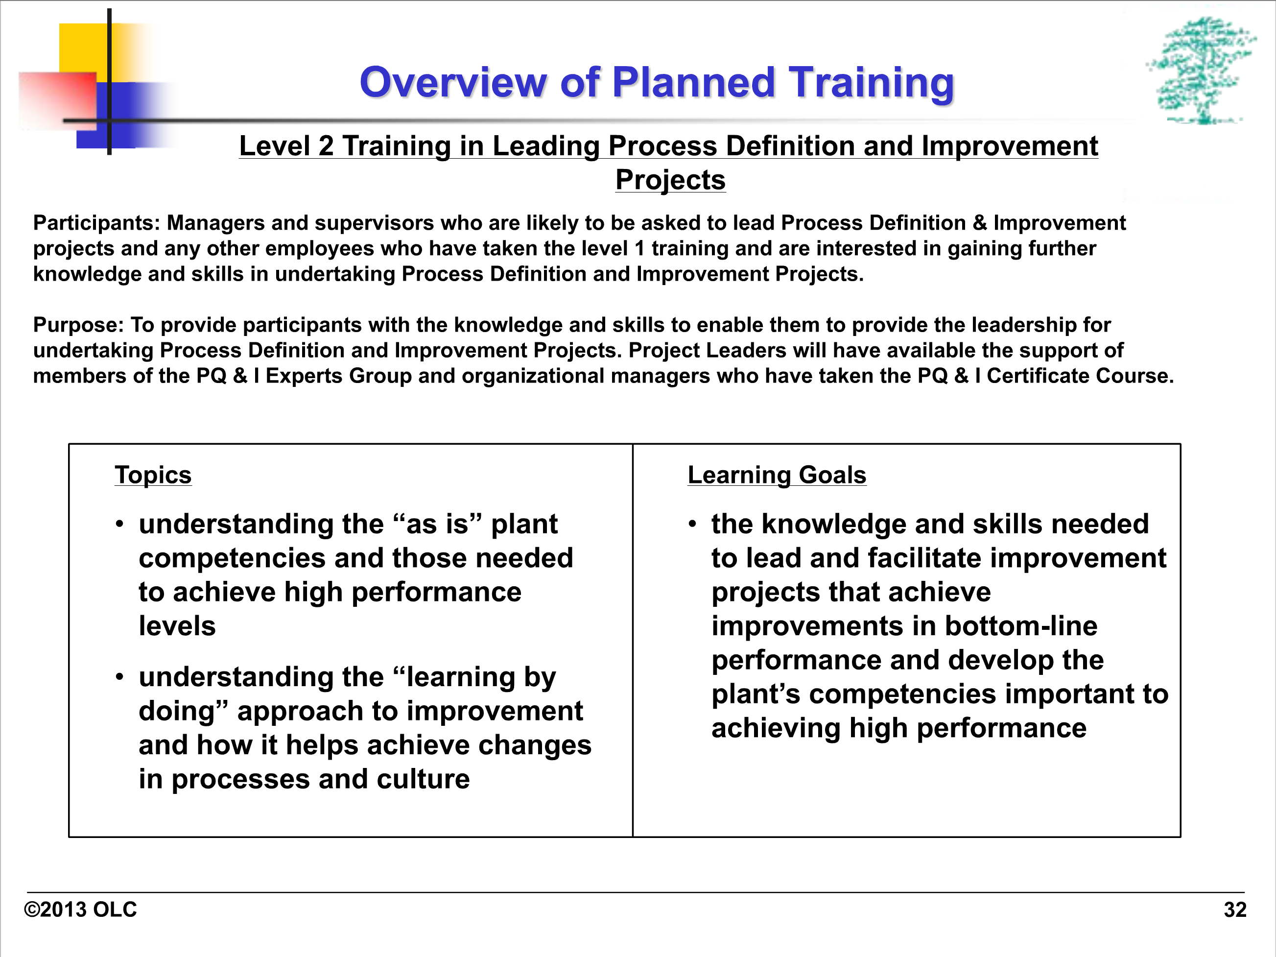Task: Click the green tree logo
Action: [x=1201, y=71]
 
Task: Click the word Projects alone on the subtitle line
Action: [x=670, y=179]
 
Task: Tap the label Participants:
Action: [x=96, y=223]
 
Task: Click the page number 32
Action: [x=1235, y=909]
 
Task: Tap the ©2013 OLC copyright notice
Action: [x=80, y=909]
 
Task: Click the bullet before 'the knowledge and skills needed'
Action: [x=692, y=524]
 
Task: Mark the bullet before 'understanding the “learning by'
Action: [x=119, y=677]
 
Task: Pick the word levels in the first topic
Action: [x=177, y=626]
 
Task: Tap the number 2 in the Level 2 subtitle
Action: [x=326, y=146]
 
